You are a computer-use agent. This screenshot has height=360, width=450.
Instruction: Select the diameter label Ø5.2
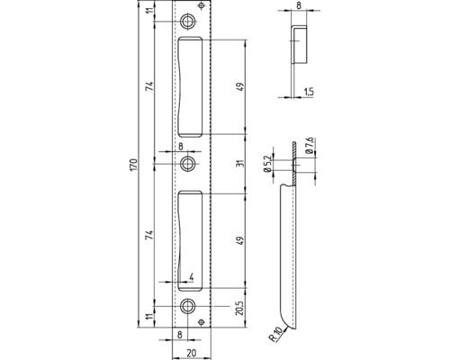(267, 166)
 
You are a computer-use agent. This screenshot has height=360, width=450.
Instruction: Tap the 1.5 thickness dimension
(308, 92)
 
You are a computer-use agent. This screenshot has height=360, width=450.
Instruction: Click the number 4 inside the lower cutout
(191, 276)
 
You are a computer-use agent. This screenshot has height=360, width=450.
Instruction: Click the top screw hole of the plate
(188, 21)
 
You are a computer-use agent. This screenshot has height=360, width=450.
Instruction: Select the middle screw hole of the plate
(188, 164)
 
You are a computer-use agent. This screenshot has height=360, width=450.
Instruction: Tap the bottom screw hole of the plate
(188, 307)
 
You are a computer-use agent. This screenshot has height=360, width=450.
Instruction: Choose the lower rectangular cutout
(193, 238)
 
